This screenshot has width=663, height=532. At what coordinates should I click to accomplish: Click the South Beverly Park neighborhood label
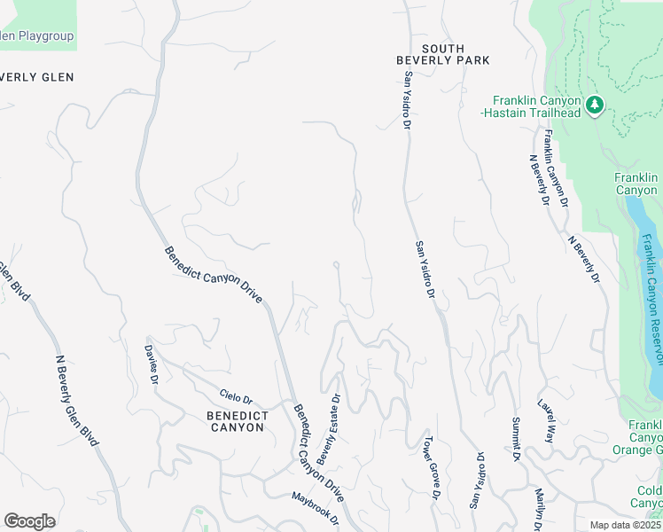pos(442,54)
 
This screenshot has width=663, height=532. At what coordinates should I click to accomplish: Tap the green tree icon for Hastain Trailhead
pos(595,106)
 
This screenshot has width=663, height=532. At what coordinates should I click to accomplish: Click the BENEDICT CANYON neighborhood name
pos(235,421)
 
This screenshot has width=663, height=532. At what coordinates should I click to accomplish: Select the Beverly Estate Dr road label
pos(329,430)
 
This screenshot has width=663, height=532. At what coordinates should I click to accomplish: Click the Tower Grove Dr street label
pos(431,467)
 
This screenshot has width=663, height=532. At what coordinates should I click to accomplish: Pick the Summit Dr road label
pos(515,439)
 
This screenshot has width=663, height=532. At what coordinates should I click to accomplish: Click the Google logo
pos(29,520)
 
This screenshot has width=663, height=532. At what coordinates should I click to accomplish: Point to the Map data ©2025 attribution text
pos(625,525)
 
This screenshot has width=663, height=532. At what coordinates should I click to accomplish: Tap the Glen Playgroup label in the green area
pos(35,36)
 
